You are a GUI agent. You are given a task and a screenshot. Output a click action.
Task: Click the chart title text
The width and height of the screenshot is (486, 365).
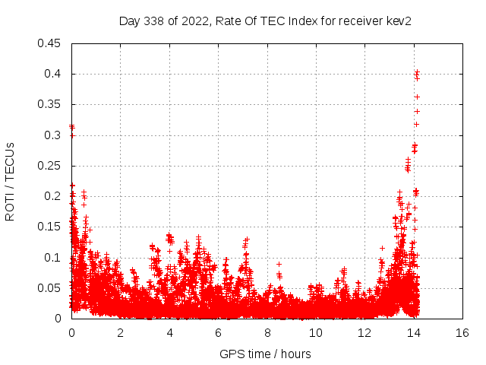tap(265, 21)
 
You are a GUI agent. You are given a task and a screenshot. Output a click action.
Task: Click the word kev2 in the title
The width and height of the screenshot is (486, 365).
tap(397, 21)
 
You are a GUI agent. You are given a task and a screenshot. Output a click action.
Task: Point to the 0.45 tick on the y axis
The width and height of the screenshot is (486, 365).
tap(50, 43)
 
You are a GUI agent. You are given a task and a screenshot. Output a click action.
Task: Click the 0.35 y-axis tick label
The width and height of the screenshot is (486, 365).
tap(50, 104)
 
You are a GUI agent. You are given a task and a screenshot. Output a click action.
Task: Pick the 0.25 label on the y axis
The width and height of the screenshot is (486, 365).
tap(50, 166)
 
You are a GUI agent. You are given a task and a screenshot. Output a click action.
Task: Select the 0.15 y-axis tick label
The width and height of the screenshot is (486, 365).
tap(50, 227)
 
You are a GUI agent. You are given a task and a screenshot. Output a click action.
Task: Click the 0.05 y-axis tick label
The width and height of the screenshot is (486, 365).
tap(50, 288)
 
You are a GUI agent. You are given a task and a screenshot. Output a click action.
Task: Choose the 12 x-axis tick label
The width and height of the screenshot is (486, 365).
tap(364, 333)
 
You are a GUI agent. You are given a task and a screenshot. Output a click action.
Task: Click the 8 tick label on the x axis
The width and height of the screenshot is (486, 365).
tap(267, 333)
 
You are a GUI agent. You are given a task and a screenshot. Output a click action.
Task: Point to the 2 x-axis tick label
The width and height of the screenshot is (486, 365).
tap(120, 333)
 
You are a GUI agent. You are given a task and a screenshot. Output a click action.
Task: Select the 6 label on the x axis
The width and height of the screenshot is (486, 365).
tap(218, 333)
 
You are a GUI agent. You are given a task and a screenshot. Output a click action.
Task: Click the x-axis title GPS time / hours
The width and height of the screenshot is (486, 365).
tap(265, 354)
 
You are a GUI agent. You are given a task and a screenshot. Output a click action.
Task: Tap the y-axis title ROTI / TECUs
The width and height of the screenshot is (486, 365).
tap(10, 181)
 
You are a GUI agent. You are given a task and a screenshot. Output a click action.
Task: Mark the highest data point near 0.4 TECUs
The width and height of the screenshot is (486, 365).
tap(417, 72)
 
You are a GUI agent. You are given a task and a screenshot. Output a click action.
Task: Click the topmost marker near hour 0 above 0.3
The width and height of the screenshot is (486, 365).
tap(71, 126)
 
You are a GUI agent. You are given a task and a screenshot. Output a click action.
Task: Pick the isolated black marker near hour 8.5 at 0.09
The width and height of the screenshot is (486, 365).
tap(279, 264)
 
